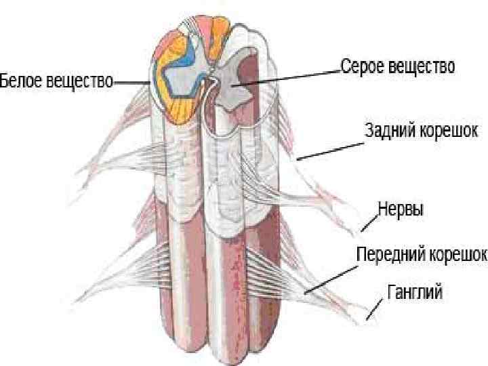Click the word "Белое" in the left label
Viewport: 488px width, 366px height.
pyautogui.click(x=20, y=81)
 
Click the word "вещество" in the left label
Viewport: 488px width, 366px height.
pyautogui.click(x=79, y=81)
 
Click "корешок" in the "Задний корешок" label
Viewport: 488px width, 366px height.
pyautogui.click(x=449, y=129)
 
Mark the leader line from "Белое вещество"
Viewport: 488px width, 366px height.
pyautogui.click(x=133, y=82)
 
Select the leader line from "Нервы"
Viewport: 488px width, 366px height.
pyautogui.click(x=369, y=222)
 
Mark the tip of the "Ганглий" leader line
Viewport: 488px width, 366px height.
pyautogui.click(x=367, y=318)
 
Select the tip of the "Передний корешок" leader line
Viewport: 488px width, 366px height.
pyautogui.click(x=306, y=292)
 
